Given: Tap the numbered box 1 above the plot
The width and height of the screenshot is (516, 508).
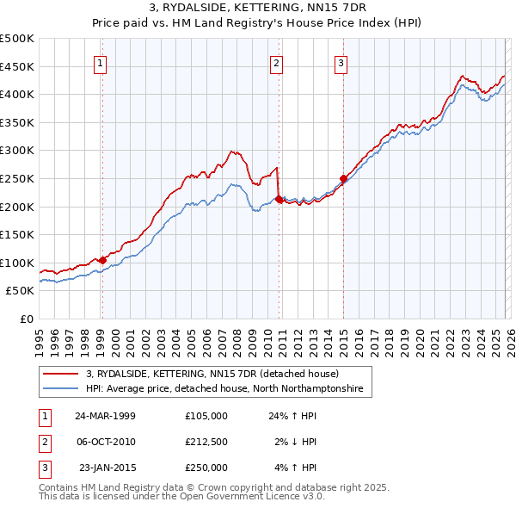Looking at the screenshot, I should point(101,62).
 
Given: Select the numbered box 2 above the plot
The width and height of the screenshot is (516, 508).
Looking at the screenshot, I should point(276,62).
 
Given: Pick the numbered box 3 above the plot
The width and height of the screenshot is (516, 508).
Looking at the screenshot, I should point(341,62).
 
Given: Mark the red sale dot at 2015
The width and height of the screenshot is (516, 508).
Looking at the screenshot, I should point(343,178).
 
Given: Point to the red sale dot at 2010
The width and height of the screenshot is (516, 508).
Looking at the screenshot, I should point(279,200).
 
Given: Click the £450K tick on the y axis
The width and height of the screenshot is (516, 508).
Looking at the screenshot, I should point(17,66).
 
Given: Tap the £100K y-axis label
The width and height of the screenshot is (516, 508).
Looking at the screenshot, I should point(17,263).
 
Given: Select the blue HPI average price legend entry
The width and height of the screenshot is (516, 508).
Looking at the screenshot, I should point(224,389).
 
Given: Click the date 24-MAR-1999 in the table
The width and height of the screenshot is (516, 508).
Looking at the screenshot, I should point(105,415).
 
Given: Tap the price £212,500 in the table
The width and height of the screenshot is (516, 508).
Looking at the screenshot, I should point(206,442).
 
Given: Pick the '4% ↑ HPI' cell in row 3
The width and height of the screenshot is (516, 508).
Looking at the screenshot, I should point(297,468).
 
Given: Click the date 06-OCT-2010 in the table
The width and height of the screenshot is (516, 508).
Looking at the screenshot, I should point(105,442).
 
